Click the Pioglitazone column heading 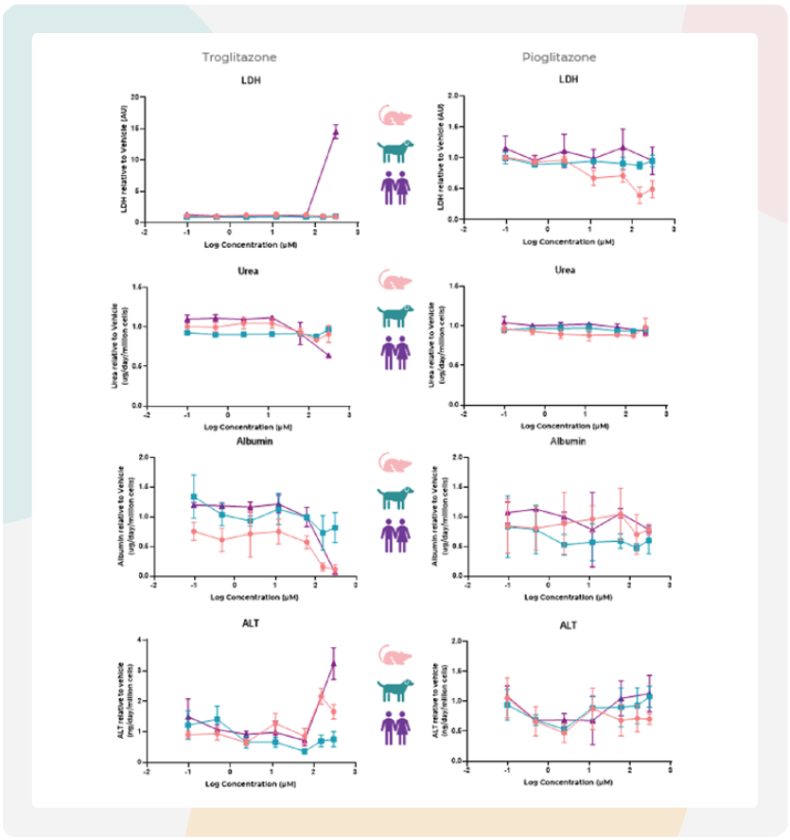pyautogui.click(x=559, y=58)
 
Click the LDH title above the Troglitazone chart pyautogui.click(x=250, y=79)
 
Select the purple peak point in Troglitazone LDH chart pyautogui.click(x=335, y=132)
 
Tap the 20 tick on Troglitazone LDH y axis pyautogui.click(x=136, y=97)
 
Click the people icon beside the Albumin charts pyautogui.click(x=395, y=532)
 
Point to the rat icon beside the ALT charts pyautogui.click(x=395, y=656)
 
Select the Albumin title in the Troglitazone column pyautogui.click(x=250, y=441)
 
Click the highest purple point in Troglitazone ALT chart pyautogui.click(x=333, y=664)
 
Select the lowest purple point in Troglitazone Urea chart pyautogui.click(x=328, y=356)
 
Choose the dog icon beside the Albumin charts pyautogui.click(x=395, y=496)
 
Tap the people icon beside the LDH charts pyautogui.click(x=395, y=188)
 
